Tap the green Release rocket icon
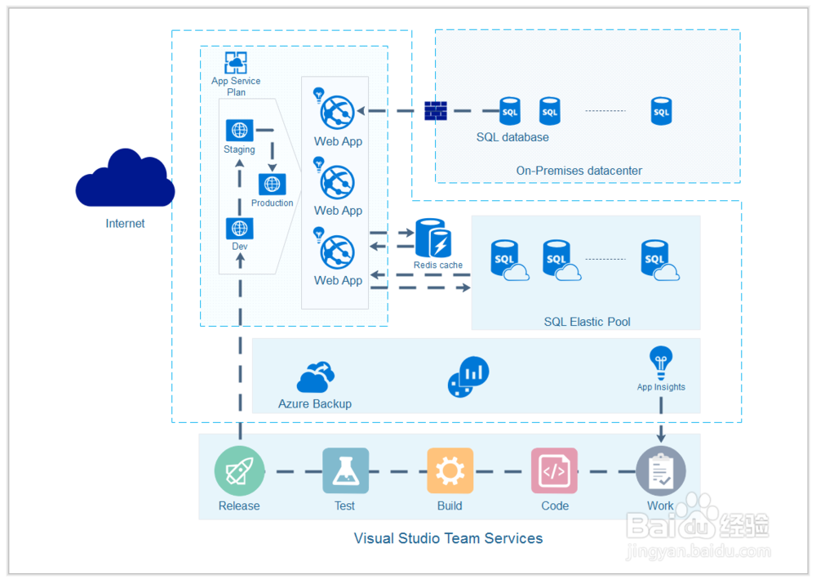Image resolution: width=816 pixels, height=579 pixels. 239,471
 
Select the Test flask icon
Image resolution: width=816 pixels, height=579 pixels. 344,471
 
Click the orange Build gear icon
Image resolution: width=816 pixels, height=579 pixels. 450,471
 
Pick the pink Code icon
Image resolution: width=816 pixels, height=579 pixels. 554,471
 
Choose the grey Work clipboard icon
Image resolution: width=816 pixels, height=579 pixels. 660,471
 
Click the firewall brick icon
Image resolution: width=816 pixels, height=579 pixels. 436,111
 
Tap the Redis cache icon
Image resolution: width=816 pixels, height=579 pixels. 433,238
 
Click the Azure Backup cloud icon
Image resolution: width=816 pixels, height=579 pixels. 315,378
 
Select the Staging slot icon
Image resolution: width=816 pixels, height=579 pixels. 239,130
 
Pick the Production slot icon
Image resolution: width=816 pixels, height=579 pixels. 272,185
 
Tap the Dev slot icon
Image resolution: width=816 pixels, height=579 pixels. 239,228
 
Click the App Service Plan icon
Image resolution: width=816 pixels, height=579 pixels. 236,63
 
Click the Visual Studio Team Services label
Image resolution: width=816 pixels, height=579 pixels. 448,538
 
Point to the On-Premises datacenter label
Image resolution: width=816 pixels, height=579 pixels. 579,171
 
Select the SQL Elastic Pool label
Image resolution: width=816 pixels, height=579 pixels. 587,322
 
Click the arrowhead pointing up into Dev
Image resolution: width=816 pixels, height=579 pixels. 239,259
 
